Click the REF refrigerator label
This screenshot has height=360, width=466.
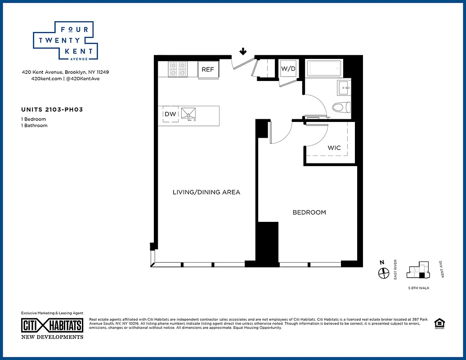click(x=208, y=69)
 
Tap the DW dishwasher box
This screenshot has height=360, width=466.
click(x=170, y=114)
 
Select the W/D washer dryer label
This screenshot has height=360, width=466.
click(x=288, y=69)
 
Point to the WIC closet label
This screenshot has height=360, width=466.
click(x=334, y=148)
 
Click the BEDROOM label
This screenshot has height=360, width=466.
click(x=309, y=212)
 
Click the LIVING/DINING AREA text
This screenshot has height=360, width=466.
click(x=206, y=192)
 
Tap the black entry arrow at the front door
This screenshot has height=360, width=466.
click(x=243, y=51)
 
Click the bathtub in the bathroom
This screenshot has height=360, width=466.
click(x=325, y=69)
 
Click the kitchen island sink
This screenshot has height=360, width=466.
click(x=189, y=114)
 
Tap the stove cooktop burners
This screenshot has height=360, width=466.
click(x=178, y=69)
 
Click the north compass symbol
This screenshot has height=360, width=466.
click(x=383, y=272)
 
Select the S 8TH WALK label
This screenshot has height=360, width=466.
click(x=418, y=288)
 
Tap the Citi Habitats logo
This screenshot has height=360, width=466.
click(x=52, y=325)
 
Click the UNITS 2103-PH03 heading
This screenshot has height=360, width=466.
click(x=52, y=109)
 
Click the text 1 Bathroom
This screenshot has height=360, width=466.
click(x=34, y=126)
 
